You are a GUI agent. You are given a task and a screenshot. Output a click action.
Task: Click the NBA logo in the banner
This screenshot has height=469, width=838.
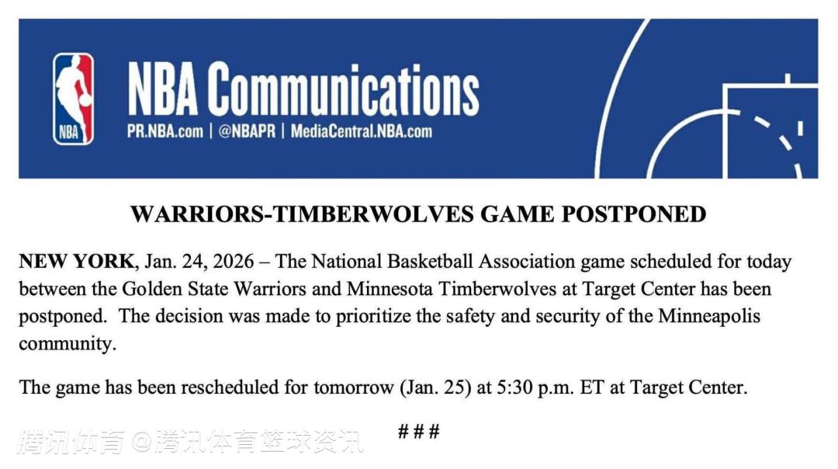coord(73,99)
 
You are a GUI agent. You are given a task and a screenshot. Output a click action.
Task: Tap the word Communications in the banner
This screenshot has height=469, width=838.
coord(343,89)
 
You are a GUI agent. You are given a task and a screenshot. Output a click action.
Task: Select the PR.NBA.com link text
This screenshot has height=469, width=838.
coord(165,131)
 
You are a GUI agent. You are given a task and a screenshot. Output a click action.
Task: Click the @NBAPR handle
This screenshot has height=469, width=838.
coord(247,131)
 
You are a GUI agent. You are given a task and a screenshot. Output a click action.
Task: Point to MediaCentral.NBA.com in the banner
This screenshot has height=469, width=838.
coord(362,131)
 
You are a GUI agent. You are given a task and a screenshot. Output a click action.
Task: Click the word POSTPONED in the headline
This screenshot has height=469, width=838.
coord(633,214)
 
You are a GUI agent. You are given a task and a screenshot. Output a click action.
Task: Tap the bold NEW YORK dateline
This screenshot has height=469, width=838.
coord(76,262)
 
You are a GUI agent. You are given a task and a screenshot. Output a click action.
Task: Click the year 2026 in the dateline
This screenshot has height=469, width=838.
coord(233,262)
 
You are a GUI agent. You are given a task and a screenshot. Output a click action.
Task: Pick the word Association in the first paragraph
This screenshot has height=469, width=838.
coord(526,262)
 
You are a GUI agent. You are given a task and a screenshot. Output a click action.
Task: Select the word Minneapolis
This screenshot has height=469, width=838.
coord(708,316)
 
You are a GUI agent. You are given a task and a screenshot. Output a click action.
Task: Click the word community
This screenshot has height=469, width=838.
coord(68,343)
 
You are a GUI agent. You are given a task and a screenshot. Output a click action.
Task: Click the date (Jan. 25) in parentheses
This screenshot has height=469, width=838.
coord(435,387)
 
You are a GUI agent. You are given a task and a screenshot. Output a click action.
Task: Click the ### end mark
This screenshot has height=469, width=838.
coord(419,431)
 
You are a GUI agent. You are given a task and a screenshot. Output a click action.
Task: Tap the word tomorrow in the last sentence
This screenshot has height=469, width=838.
coord(353,387)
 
